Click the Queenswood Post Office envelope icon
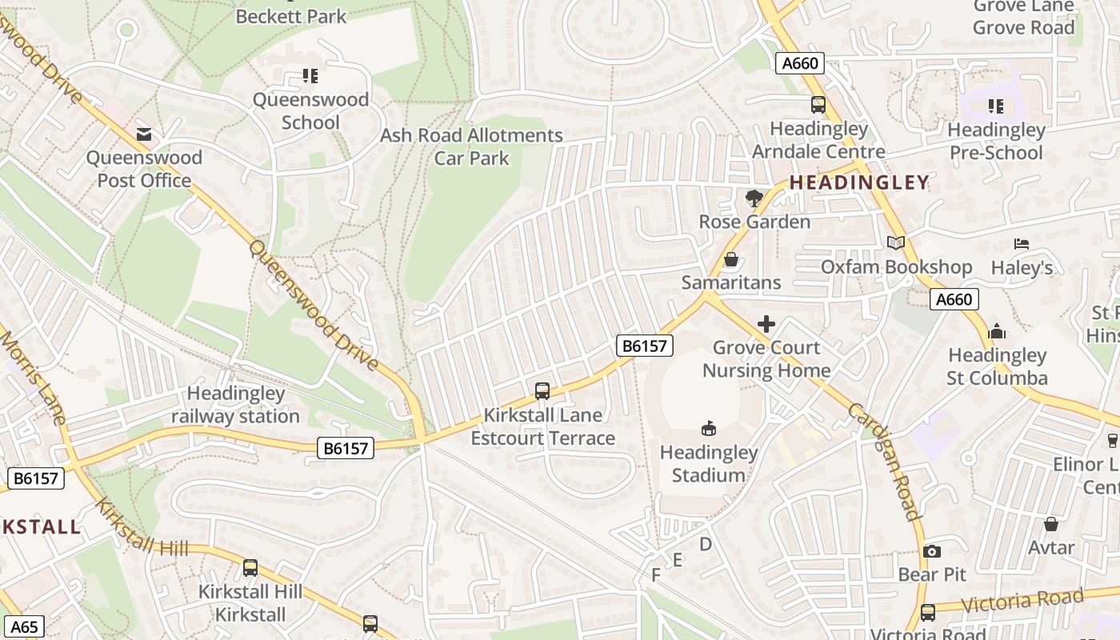[144, 134]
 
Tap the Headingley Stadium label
[709, 464]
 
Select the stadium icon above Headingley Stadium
[709, 429]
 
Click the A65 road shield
[23, 627]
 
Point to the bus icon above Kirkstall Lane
[542, 391]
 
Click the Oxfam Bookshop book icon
[896, 242]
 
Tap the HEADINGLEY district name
[859, 182]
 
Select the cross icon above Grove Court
[766, 324]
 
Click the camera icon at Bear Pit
[932, 551]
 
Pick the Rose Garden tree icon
[754, 198]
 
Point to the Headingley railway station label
[235, 405]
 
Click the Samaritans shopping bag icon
[730, 259]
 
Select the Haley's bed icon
[1022, 244]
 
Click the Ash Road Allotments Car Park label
[471, 146]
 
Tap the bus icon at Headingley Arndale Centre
[818, 105]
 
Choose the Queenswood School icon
[310, 76]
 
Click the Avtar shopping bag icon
[1051, 524]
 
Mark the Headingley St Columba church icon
[997, 330]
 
